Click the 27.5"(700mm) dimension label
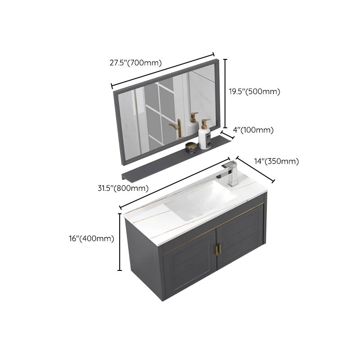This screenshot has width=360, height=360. coord(135,63)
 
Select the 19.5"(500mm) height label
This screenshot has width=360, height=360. coord(254,91)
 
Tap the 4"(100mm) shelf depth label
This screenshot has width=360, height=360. coord(253,130)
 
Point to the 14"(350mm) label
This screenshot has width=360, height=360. coord(276,162)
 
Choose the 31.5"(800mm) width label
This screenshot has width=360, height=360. coord(123,188)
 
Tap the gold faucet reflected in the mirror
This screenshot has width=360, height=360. coord(176,129)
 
